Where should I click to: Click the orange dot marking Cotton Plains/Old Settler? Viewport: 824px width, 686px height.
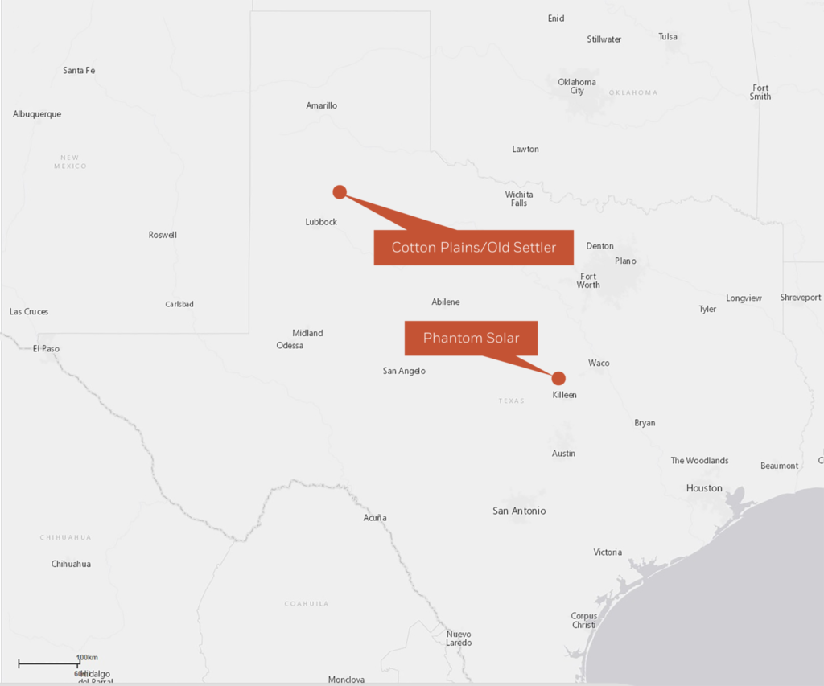[340, 191]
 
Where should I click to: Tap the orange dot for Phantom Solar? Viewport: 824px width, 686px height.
[558, 378]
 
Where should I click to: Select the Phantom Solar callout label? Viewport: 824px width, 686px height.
[471, 338]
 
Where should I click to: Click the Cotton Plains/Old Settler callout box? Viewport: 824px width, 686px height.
[473, 247]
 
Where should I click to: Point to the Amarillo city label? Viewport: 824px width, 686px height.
[322, 105]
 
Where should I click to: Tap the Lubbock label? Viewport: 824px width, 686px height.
[321, 222]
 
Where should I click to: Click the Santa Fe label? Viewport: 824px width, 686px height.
[79, 71]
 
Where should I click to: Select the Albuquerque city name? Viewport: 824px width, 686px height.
[37, 114]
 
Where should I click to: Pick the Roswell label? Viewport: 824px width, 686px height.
[163, 235]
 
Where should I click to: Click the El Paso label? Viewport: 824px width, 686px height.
[46, 349]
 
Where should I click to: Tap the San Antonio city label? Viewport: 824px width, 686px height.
[519, 511]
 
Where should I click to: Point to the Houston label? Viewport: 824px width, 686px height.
[704, 488]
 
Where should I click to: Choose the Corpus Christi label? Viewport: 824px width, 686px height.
[584, 621]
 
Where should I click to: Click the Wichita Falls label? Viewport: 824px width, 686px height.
[519, 199]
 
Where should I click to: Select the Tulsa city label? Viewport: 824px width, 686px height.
[668, 37]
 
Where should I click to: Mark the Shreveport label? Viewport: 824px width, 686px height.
[801, 298]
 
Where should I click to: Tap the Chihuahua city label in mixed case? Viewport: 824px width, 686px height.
[71, 564]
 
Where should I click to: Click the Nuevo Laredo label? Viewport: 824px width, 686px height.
[459, 639]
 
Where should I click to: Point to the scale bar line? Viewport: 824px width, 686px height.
[48, 664]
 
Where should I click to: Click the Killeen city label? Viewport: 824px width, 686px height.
[565, 395]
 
